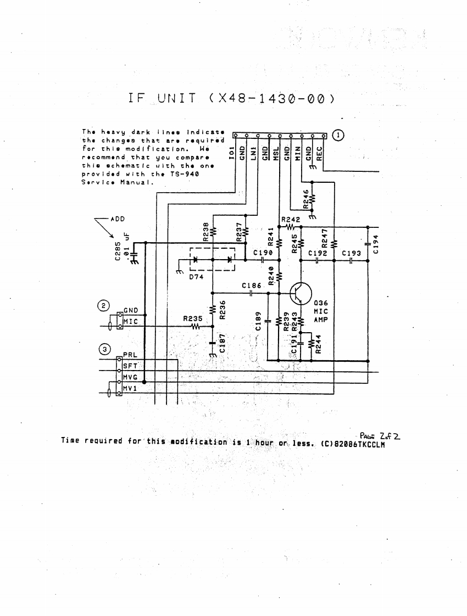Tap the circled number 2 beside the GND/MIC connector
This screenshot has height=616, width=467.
(103, 305)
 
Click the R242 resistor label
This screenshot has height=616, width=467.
(290, 220)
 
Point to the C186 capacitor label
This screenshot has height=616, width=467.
(252, 286)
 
